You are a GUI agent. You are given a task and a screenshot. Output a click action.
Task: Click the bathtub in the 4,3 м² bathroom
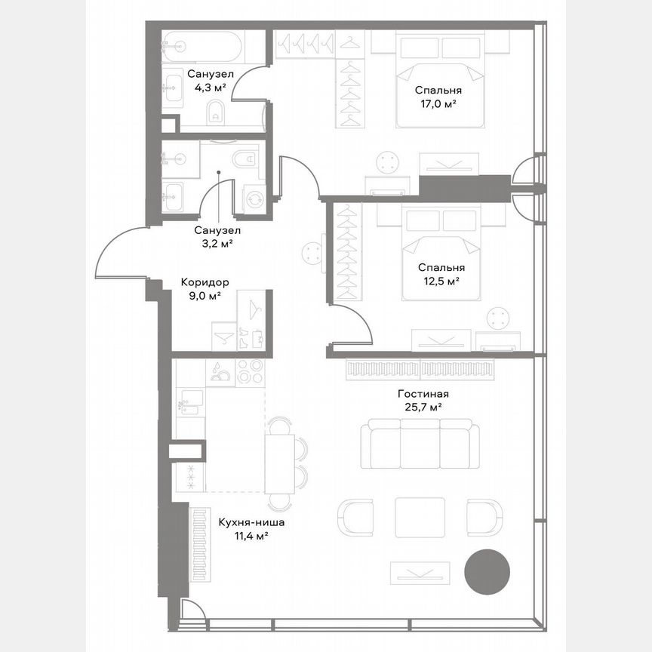(202, 47)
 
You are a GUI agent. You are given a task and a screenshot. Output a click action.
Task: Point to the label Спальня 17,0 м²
(438, 97)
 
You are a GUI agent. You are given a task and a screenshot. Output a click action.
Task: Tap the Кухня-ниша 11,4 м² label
(251, 528)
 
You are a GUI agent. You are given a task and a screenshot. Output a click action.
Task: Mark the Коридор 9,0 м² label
(205, 289)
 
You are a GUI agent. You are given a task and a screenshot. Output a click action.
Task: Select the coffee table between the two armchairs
(420, 517)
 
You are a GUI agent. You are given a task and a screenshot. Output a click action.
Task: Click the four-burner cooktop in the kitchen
(249, 371)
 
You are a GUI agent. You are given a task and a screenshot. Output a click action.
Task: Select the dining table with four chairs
(280, 463)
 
